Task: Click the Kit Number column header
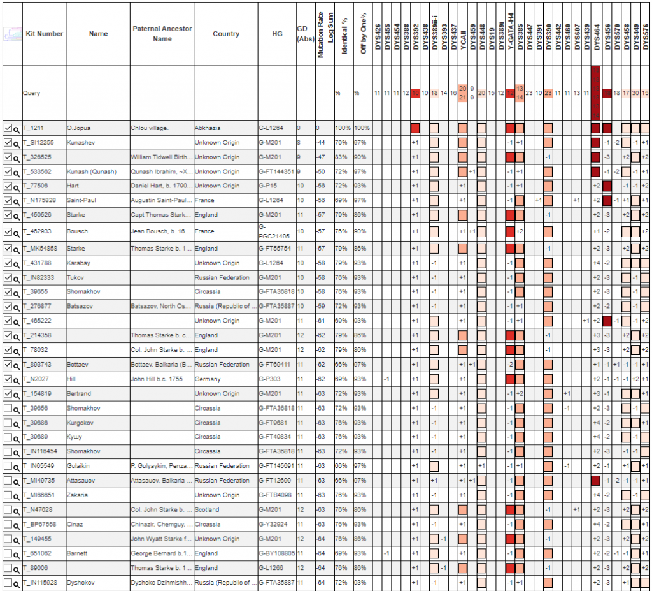point(44,34)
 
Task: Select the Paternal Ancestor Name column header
point(162,34)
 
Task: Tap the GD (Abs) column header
point(304,34)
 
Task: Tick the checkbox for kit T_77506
point(8,186)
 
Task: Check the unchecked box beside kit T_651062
point(8,553)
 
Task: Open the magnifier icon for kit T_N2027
point(17,380)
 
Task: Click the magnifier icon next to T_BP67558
point(17,525)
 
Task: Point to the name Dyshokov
point(81,582)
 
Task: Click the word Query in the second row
point(32,93)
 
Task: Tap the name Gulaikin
point(80,466)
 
